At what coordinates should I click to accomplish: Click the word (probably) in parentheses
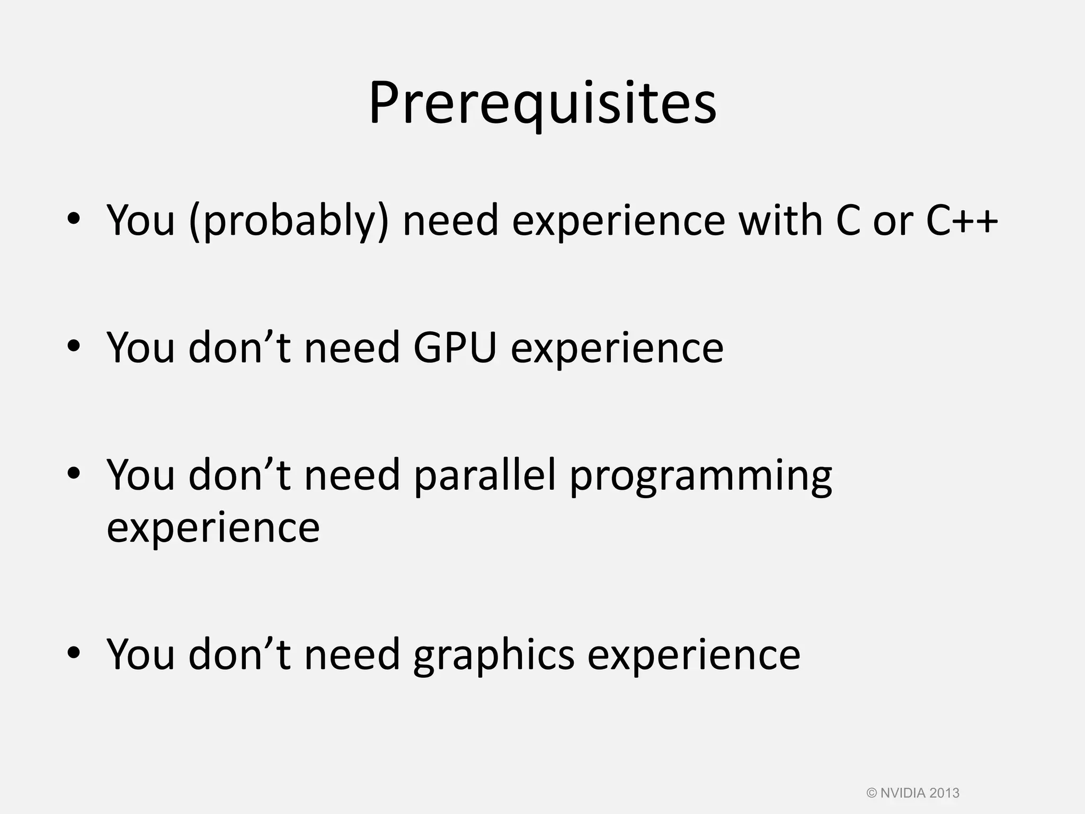[289, 220]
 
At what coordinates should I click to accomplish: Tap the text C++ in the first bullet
[962, 220]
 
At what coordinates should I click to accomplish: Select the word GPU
[455, 348]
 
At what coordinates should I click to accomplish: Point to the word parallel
[485, 475]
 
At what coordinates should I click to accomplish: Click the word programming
[700, 477]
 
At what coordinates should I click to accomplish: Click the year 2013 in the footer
[944, 793]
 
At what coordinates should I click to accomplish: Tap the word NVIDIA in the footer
[903, 793]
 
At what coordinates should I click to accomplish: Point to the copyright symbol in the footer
[871, 793]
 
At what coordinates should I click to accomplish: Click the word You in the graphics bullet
[141, 655]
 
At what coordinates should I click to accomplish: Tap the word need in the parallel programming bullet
[352, 475]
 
